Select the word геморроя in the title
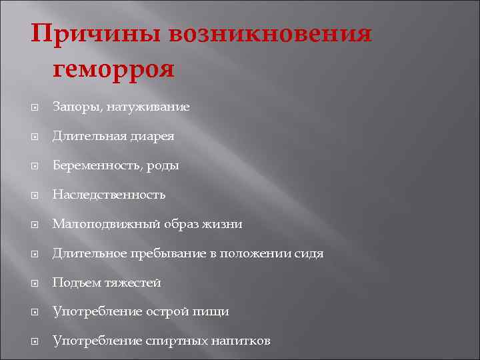point(112,68)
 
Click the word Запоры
point(75,107)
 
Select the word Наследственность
point(109,195)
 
